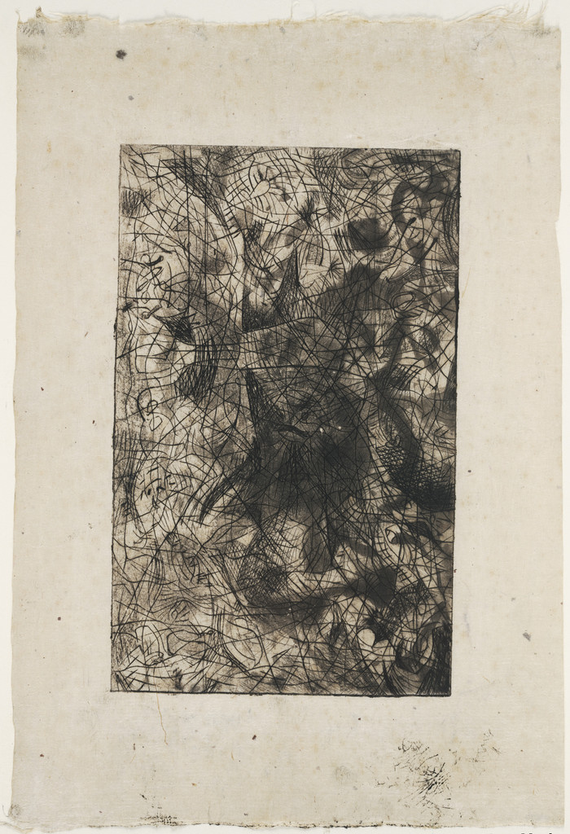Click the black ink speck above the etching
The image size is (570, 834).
(x=121, y=55)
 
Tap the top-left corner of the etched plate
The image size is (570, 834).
(x=121, y=146)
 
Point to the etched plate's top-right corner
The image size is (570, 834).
(x=459, y=150)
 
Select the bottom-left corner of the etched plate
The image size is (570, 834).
(x=112, y=691)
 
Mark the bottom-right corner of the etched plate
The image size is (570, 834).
(x=450, y=695)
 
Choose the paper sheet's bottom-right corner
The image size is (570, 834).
(x=562, y=824)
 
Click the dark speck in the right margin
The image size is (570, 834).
(x=526, y=635)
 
